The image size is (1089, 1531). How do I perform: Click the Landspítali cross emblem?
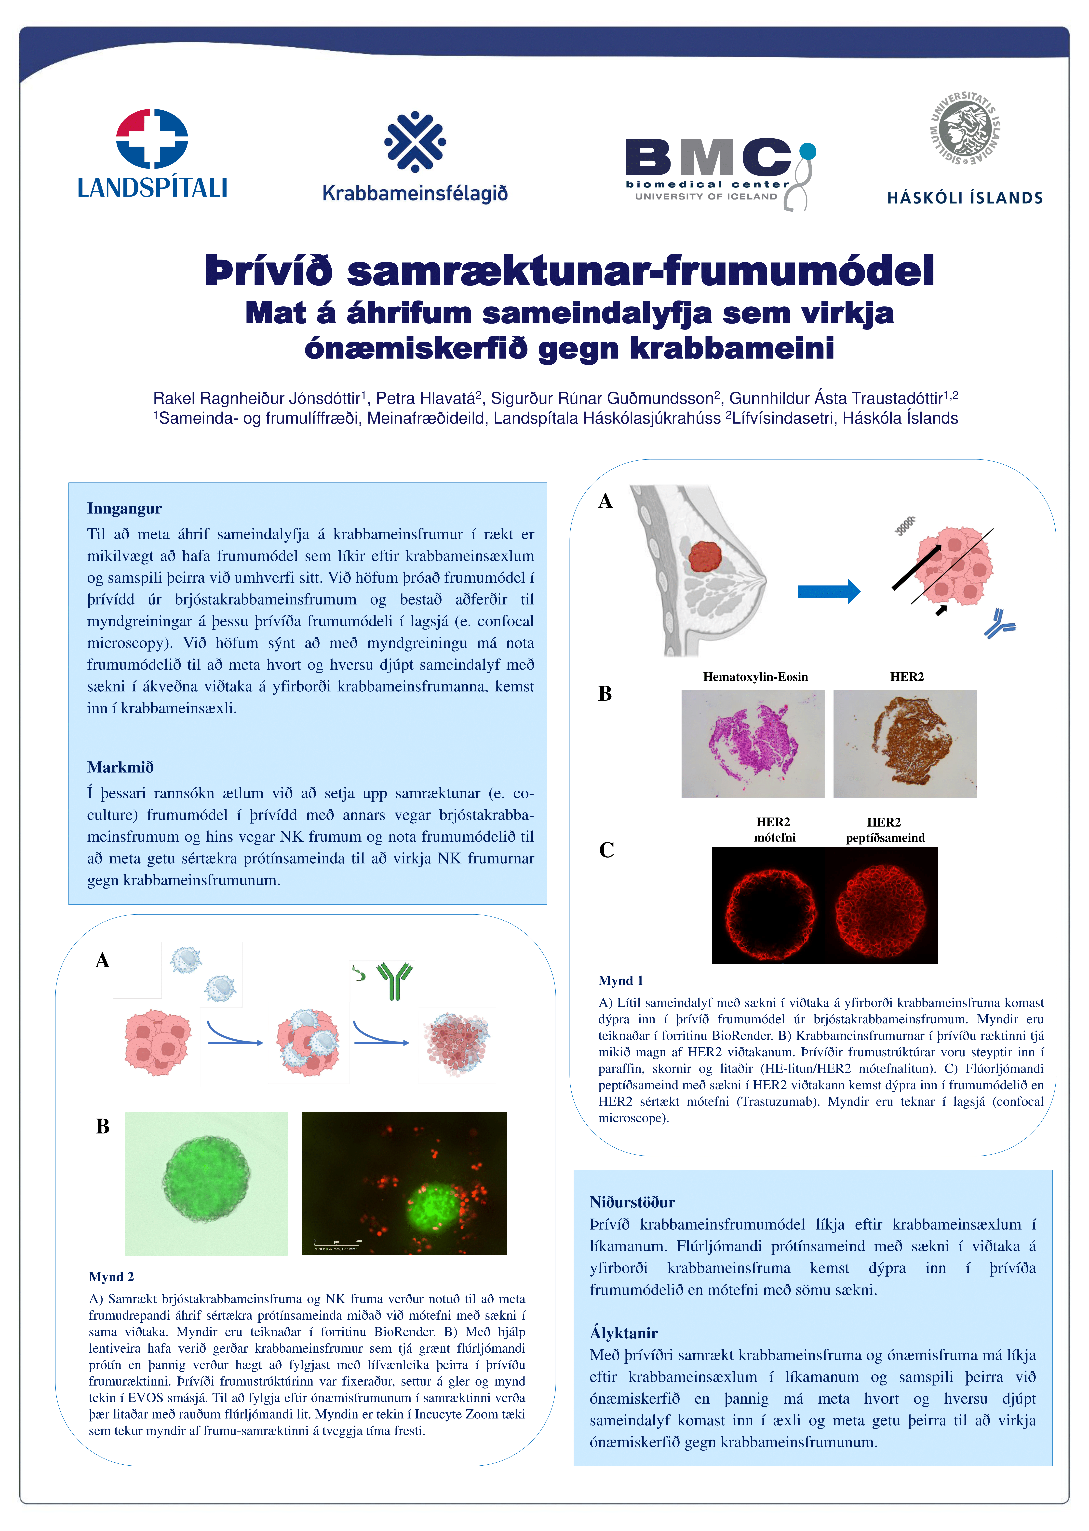point(152,139)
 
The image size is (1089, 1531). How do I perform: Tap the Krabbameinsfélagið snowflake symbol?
point(415,142)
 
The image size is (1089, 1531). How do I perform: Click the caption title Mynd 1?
point(620,980)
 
